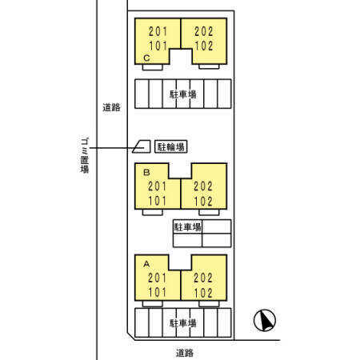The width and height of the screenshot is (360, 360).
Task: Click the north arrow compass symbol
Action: (265, 320)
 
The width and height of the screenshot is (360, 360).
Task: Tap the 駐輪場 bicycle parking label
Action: (171, 146)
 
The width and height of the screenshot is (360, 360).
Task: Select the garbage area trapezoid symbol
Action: (142, 146)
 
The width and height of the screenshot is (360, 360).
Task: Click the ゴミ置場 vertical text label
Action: (85, 155)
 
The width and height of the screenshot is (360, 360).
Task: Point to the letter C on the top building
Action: (146, 58)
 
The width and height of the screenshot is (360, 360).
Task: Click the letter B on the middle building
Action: (146, 173)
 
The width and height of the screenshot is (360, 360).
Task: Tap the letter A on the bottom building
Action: (146, 264)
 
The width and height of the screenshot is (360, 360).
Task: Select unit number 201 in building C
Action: (158, 31)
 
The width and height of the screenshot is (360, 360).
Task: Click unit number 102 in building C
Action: (204, 46)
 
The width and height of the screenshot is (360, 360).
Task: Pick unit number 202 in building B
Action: (203, 186)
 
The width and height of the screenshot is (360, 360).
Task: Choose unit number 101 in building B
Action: (157, 201)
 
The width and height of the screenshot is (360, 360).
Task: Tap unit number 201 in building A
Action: (157, 278)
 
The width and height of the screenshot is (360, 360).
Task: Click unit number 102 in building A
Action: (203, 293)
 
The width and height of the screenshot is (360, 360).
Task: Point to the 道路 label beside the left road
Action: (111, 107)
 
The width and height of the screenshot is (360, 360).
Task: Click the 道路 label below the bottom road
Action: (185, 353)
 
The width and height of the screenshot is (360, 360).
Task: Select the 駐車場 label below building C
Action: (183, 94)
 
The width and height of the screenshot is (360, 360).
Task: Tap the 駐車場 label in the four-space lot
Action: (187, 227)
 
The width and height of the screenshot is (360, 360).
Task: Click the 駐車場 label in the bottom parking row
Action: (183, 323)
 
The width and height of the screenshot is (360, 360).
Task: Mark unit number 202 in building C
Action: (204, 31)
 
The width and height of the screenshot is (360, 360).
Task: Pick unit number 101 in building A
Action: (157, 293)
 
